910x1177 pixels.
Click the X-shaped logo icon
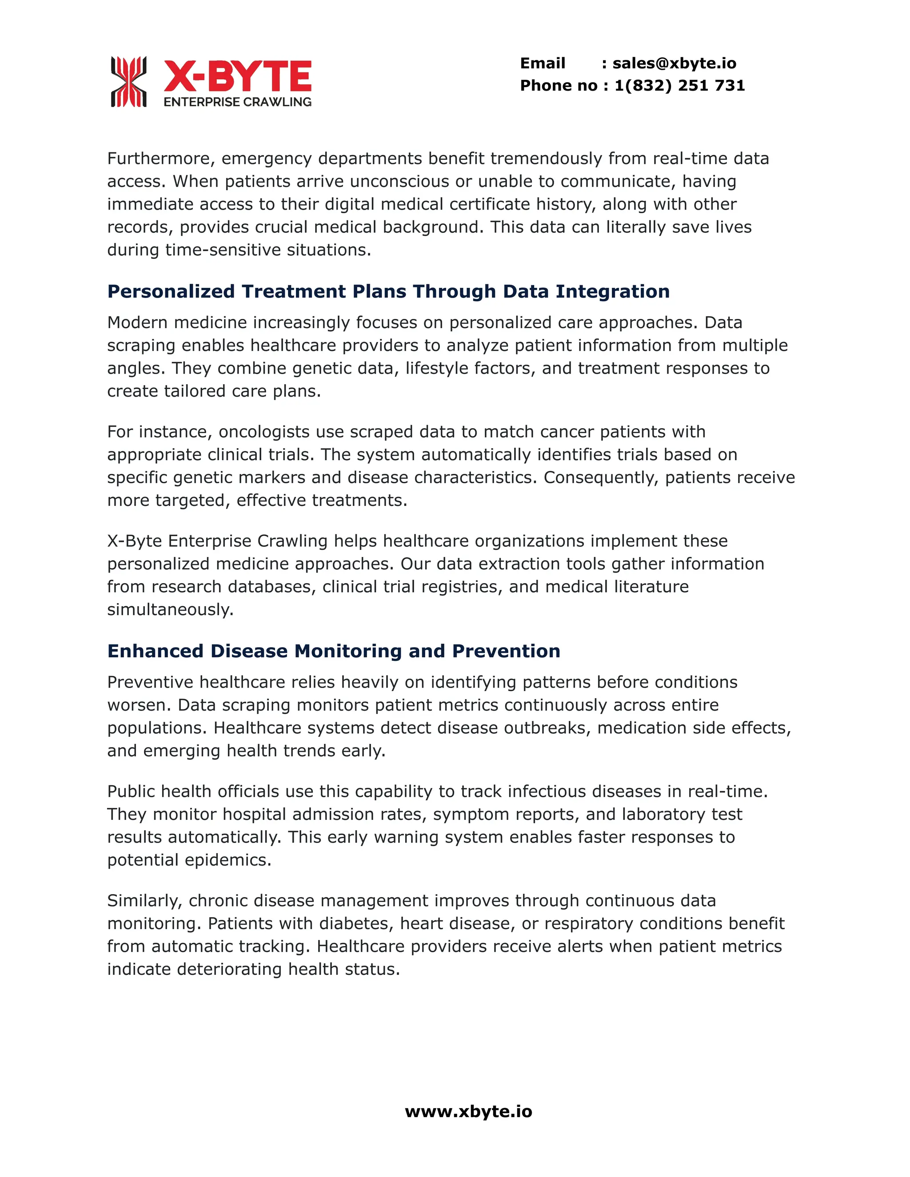click(x=128, y=81)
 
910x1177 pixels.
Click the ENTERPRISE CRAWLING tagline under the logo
click(x=238, y=102)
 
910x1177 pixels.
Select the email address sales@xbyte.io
click(x=675, y=63)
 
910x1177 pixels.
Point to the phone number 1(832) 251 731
click(x=680, y=85)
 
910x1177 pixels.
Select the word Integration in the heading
click(x=612, y=291)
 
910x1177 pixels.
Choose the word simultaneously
click(x=170, y=609)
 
